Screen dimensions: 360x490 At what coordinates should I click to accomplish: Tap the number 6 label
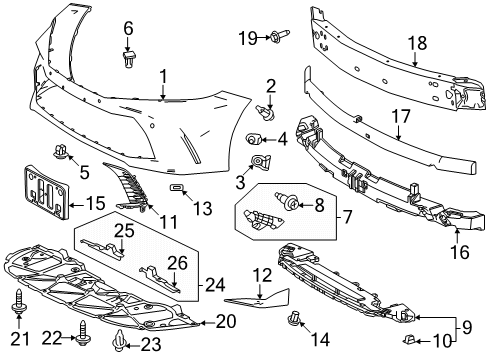coord(128,27)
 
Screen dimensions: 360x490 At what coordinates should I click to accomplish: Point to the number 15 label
coord(96,203)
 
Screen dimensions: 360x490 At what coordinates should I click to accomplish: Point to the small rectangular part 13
coord(176,186)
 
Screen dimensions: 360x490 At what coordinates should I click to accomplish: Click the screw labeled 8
coord(293,206)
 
